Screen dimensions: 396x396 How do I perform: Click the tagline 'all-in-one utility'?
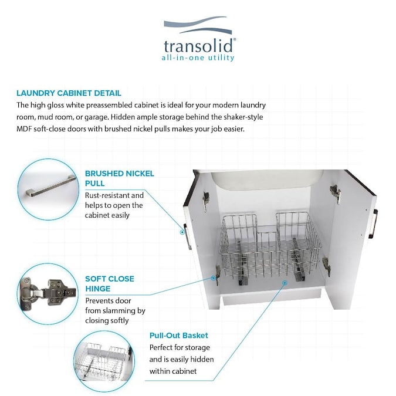[198, 58]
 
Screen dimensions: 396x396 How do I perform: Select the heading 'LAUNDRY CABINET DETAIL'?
[69, 93]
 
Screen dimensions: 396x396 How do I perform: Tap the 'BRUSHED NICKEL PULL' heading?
[120, 178]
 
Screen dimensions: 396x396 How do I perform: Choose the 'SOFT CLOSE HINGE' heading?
[109, 284]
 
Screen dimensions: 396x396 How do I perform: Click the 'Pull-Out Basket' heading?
[178, 336]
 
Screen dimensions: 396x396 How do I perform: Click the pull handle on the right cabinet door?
[373, 223]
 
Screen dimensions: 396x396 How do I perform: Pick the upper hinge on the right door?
[334, 191]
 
